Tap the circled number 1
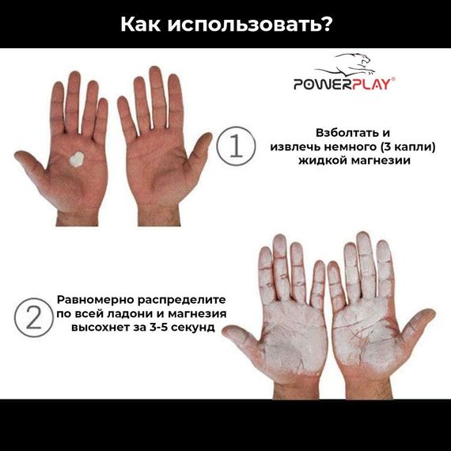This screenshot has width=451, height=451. (235, 147)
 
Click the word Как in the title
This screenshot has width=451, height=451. (145, 24)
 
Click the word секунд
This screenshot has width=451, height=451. (191, 328)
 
